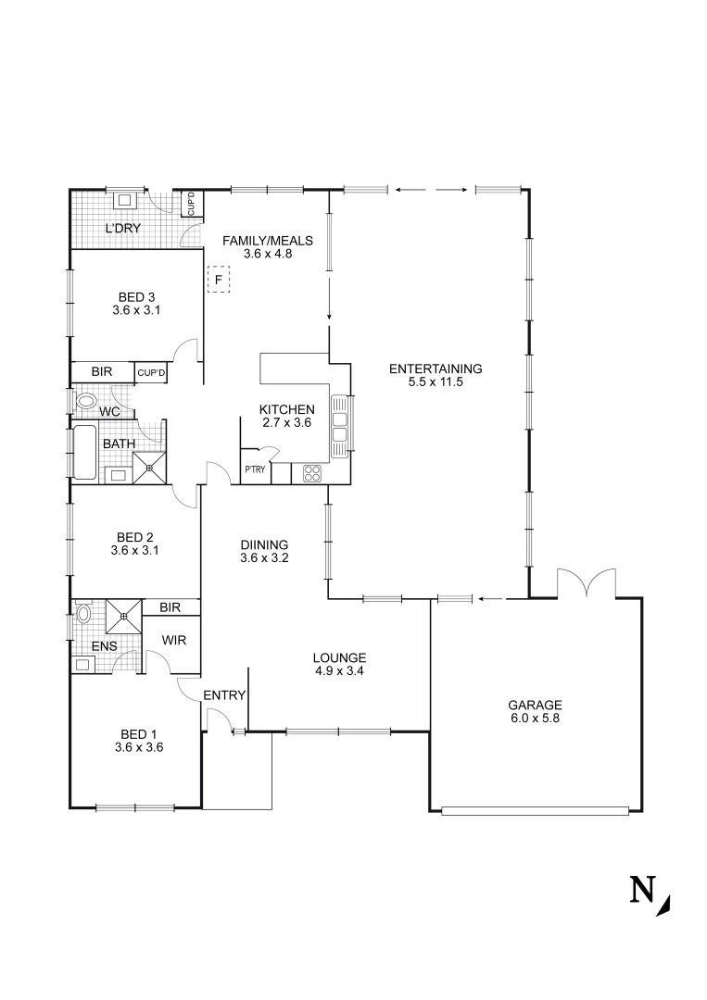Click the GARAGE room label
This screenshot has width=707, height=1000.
click(x=536, y=704)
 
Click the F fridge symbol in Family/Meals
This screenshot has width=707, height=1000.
click(x=218, y=279)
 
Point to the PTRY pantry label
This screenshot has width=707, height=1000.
click(x=255, y=469)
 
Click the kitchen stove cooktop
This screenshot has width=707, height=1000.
click(x=311, y=472)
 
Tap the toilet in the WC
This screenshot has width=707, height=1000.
click(x=86, y=402)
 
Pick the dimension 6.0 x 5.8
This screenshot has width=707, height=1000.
click(x=536, y=717)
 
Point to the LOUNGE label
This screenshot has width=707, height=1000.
click(x=339, y=658)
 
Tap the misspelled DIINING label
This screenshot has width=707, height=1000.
click(x=264, y=544)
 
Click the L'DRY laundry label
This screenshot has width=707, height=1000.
click(x=122, y=228)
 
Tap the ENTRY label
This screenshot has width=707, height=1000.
click(x=223, y=695)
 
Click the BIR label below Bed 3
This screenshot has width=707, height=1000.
click(x=102, y=372)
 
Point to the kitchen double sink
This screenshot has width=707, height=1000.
click(x=339, y=424)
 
